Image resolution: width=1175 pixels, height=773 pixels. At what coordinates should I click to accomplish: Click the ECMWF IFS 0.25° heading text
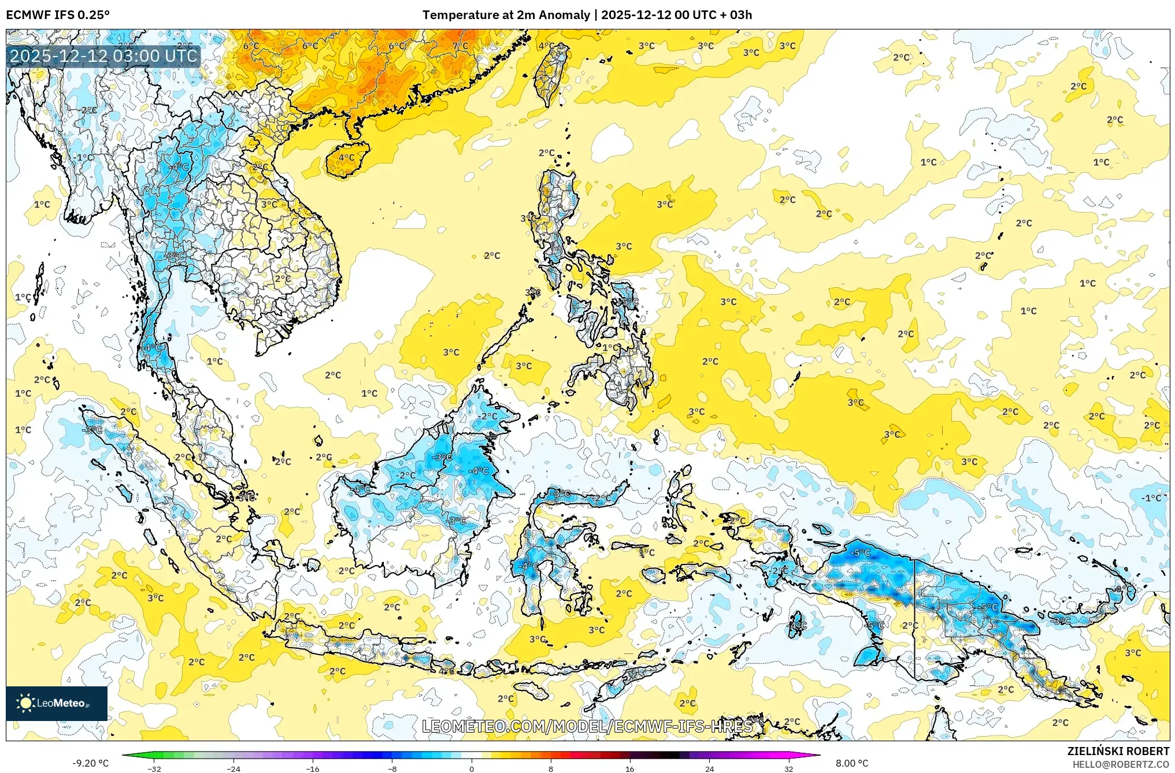coord(58,15)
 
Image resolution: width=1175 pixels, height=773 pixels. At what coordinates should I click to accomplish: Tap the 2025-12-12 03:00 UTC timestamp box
coord(104,56)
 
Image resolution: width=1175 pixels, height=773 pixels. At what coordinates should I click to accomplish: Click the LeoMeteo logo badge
coord(57,703)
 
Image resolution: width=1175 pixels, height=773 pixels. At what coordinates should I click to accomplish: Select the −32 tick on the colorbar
coord(154,768)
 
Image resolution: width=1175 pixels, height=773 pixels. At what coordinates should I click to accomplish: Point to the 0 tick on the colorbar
coord(472,768)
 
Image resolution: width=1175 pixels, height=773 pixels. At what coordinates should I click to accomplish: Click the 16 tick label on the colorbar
coord(630,768)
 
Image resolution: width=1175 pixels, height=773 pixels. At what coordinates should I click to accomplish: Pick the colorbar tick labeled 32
coord(788,768)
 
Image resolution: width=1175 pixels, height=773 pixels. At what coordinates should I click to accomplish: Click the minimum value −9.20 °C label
coord(90,763)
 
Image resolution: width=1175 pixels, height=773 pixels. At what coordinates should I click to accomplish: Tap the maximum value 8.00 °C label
coord(852,763)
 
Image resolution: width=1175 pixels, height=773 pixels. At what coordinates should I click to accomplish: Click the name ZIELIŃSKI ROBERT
coord(1118,751)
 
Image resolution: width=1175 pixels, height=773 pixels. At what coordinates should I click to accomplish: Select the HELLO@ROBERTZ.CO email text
coord(1121,764)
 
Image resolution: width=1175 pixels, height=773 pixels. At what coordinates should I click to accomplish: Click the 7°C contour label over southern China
coord(461,46)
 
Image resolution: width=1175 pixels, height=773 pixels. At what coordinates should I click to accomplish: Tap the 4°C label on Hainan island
coord(346,158)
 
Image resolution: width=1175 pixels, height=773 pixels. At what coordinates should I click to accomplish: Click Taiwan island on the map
coord(549,75)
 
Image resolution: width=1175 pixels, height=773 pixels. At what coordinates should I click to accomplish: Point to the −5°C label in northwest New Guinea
coord(861,553)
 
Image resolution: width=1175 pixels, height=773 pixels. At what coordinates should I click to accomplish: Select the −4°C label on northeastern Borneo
coord(479,471)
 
